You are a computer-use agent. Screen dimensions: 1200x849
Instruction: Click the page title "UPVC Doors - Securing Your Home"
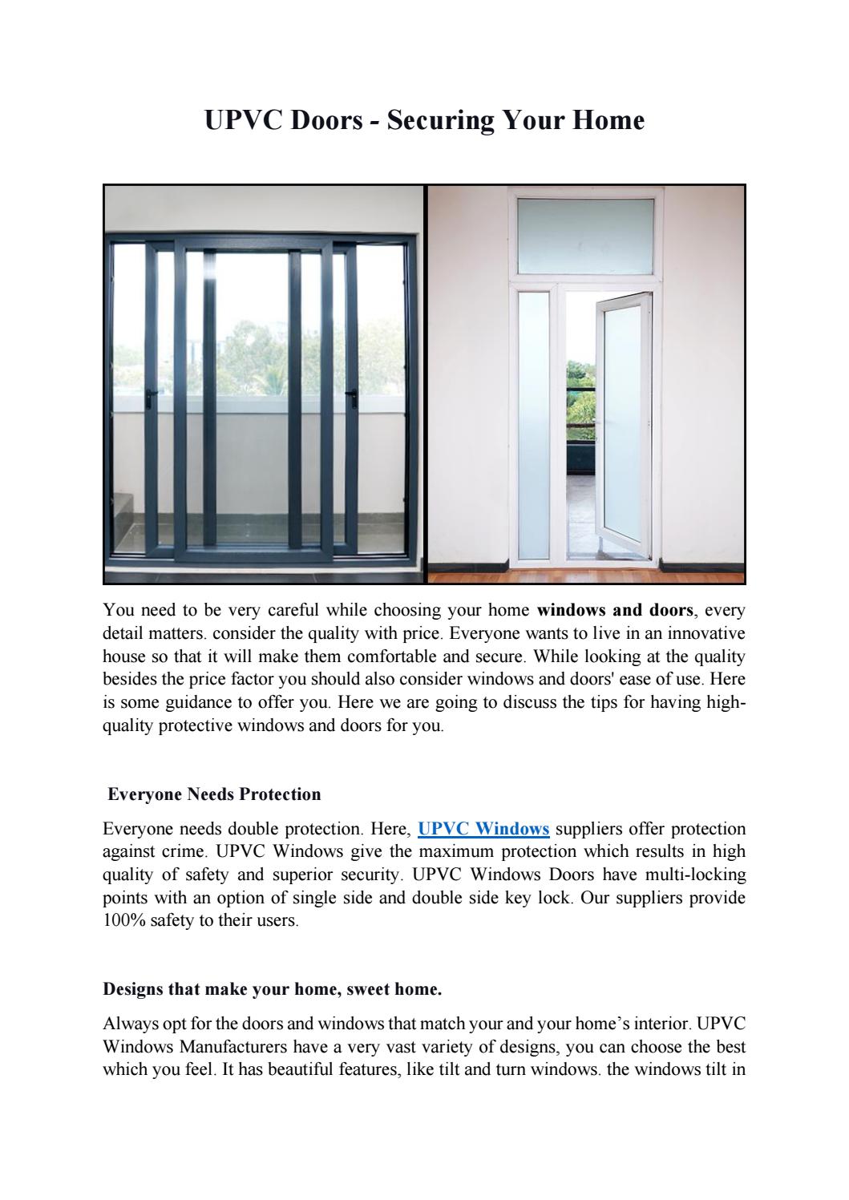[424, 120]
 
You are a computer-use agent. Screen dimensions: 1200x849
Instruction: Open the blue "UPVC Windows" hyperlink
[483, 828]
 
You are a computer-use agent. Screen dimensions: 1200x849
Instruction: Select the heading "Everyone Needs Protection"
[214, 794]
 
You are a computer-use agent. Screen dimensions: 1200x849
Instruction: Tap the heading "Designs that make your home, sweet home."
[273, 989]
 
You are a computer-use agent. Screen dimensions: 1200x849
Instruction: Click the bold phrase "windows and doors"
[615, 610]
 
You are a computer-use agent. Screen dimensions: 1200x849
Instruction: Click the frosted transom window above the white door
[585, 236]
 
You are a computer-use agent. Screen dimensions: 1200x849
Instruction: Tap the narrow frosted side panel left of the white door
[533, 425]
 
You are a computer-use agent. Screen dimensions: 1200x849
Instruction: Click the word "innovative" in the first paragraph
[702, 633]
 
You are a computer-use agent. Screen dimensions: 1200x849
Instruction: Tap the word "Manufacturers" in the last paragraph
[233, 1047]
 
